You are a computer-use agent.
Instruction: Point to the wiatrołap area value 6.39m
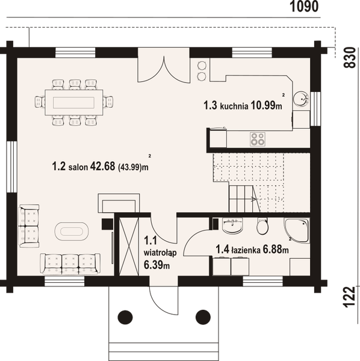point(157,265)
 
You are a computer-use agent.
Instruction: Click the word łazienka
point(246,247)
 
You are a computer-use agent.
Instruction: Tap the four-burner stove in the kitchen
point(258,139)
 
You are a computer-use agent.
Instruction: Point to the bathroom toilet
point(262,226)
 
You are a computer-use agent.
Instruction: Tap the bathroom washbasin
point(232,227)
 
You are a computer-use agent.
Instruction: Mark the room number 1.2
point(58,167)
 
